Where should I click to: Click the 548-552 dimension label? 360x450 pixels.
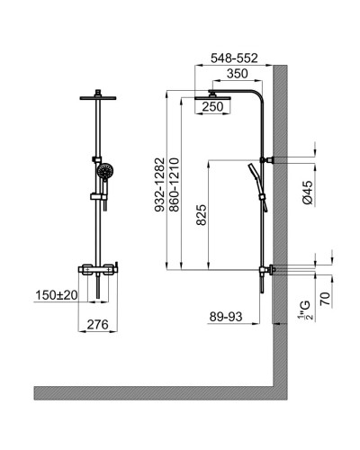click(x=234, y=56)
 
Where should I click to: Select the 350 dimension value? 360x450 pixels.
click(x=237, y=73)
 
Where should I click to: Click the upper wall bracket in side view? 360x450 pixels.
click(x=267, y=160)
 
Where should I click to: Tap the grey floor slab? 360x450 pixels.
click(x=153, y=392)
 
